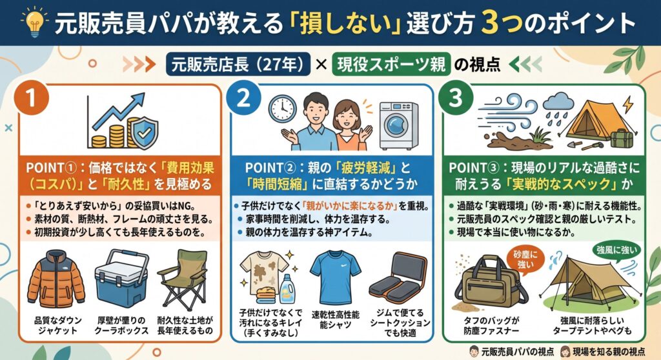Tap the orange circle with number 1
click(x=32, y=98)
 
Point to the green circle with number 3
click(x=456, y=98)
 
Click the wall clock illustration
click(x=282, y=109)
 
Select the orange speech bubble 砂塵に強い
click(x=525, y=261)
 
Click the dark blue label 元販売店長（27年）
click(x=238, y=65)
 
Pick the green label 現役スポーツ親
click(x=391, y=65)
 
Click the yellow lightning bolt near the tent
click(x=627, y=105)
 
